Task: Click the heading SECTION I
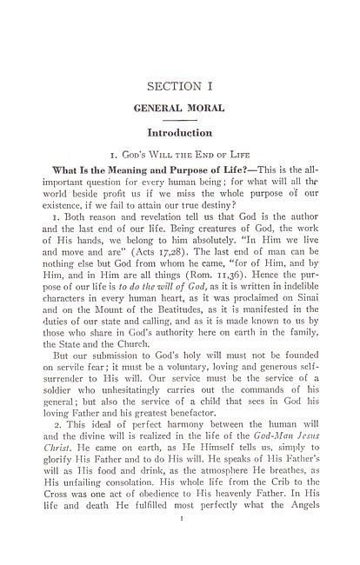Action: [x=180, y=86]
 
